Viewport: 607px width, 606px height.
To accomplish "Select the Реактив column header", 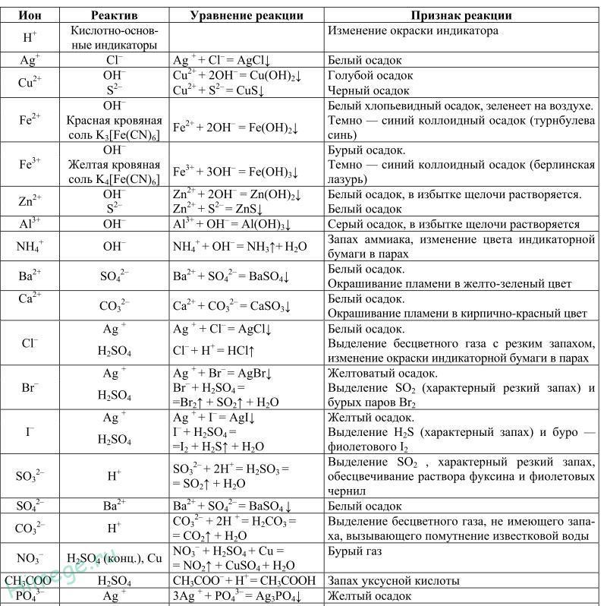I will coord(114,15).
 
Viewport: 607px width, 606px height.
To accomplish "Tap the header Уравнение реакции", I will coord(247,15).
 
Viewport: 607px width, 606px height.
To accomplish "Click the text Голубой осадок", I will coord(370,76).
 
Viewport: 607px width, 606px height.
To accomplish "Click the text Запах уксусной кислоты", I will coord(393,581).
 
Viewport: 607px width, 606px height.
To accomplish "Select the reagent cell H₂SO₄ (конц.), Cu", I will coord(114,559).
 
